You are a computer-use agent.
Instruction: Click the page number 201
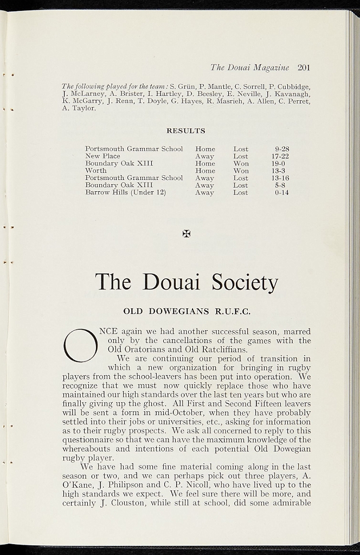pos(303,68)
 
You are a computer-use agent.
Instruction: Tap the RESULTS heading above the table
pos(185,131)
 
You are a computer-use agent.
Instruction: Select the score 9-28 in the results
pos(282,149)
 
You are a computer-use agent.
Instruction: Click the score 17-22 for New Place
pos(280,156)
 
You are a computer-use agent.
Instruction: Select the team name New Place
pos(102,156)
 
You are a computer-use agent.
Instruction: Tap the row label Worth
pos(96,171)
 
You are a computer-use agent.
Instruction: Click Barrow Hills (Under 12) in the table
pos(125,192)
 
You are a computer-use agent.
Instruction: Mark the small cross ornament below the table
pos(186,234)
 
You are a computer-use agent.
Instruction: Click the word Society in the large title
pos(245,282)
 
